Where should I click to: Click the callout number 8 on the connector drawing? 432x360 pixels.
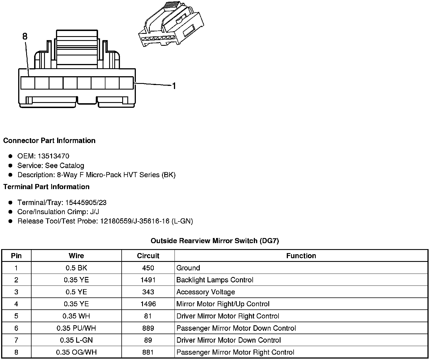(25, 36)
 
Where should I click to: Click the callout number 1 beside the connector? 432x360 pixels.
(174, 86)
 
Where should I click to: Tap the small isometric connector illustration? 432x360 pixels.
(171, 25)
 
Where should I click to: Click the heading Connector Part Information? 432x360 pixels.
(49, 141)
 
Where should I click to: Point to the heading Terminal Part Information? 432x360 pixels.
(46, 187)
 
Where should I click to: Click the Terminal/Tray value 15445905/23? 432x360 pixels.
(86, 202)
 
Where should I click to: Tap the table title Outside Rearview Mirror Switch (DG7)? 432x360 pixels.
(215, 241)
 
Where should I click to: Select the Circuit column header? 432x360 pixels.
(148, 256)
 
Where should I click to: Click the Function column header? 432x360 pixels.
(301, 256)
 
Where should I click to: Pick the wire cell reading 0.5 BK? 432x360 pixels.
(76, 268)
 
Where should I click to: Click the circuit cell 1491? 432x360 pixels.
(148, 280)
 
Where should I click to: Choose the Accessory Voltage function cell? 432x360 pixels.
(205, 292)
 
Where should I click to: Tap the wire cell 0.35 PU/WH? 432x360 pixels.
(76, 328)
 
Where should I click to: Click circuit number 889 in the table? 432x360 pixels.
(148, 328)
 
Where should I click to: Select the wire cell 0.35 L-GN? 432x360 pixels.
(76, 340)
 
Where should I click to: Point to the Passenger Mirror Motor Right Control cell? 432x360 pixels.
(235, 352)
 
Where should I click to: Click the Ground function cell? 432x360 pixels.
(188, 268)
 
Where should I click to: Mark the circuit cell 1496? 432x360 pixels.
(148, 304)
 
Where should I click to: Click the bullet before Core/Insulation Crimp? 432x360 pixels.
(11, 212)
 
